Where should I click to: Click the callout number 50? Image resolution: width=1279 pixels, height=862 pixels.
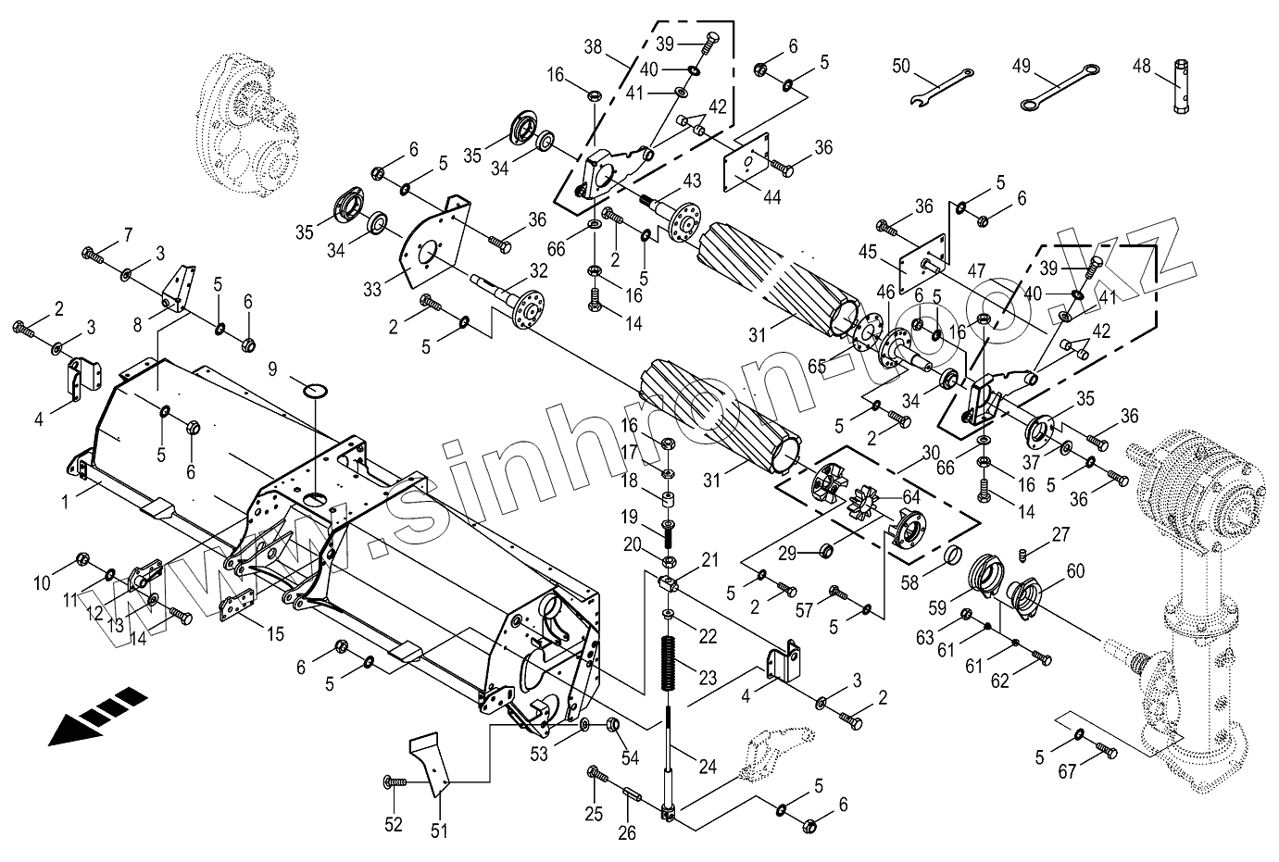coord(901,66)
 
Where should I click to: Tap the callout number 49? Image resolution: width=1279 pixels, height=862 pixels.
coord(1021,66)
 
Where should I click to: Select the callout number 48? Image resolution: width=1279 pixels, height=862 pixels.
coord(1141,66)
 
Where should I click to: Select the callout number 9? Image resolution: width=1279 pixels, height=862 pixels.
coord(272,369)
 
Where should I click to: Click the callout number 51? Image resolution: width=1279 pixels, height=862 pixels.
coord(438,831)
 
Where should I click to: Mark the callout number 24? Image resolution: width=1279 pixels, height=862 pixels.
coord(708,766)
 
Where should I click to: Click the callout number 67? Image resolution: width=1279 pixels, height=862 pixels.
coord(1068,770)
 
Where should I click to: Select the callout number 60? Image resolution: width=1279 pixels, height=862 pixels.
coord(1075,571)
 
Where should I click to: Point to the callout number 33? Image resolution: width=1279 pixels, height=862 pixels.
coord(372,289)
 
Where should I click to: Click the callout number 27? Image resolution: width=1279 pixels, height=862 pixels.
coord(1060,533)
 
